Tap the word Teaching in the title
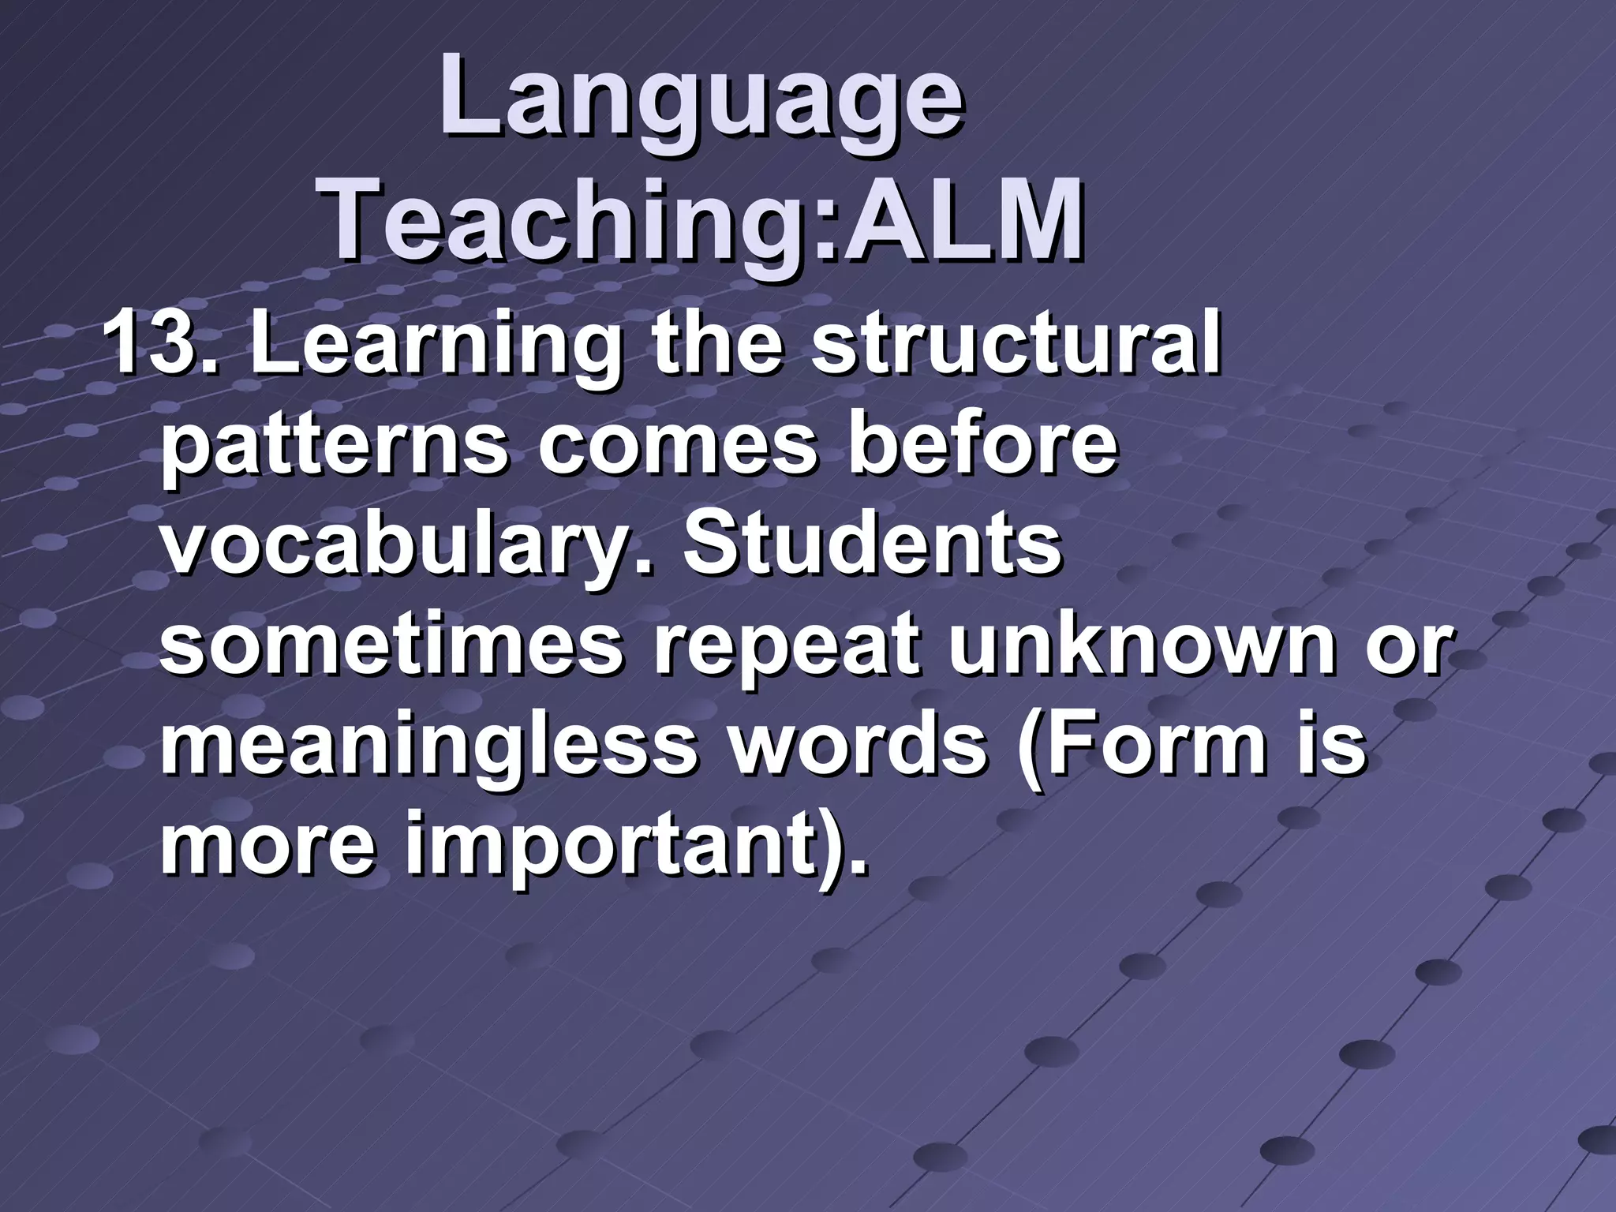[567, 218]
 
